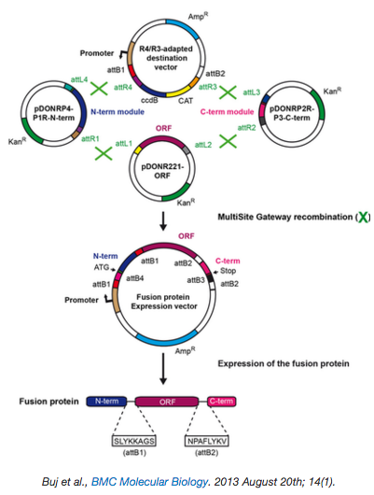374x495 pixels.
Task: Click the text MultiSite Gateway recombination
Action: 284,217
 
